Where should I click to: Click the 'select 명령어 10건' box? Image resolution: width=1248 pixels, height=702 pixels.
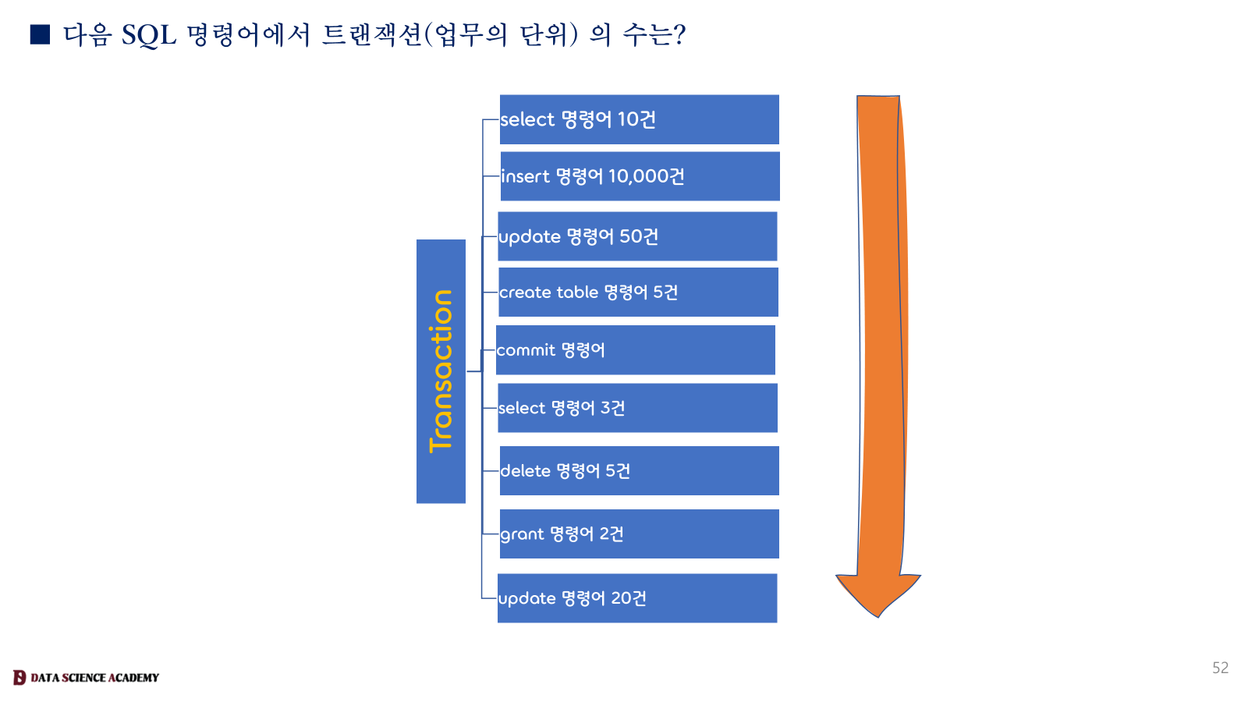coord(639,119)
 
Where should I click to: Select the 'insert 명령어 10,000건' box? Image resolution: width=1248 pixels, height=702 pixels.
coord(640,176)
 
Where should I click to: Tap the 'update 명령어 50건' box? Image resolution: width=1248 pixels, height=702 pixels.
coord(637,236)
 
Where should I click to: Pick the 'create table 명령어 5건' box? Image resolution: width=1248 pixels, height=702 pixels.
coord(638,292)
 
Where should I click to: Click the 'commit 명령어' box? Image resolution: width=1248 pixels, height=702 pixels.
coord(636,350)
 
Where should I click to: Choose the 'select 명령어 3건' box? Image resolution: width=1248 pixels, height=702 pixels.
coord(637,408)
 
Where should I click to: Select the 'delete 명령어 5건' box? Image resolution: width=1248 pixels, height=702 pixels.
coord(639,471)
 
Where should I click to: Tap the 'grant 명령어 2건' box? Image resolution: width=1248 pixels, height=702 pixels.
coord(639,534)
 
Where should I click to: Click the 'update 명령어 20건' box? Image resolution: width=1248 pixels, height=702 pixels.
coord(637,598)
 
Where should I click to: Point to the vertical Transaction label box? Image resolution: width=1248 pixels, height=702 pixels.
coord(441,371)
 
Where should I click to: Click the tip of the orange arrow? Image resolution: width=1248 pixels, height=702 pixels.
coord(878,615)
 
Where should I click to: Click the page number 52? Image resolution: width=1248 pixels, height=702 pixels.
coord(1220,668)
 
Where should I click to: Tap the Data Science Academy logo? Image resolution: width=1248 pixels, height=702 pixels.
coord(86,677)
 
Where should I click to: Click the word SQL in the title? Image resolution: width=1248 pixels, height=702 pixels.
coord(148,35)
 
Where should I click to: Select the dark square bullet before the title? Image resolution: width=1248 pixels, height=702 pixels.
coord(40,34)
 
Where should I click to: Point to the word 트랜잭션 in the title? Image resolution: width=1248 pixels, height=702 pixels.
coord(372,35)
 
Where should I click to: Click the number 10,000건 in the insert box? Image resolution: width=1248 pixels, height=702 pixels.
coord(646,176)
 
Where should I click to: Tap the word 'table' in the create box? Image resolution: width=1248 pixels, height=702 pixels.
coord(576,292)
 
